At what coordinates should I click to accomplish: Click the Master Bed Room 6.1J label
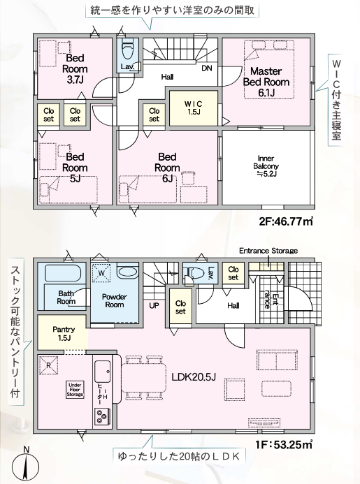pyautogui.click(x=266, y=82)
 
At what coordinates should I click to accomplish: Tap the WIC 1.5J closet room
pyautogui.click(x=194, y=108)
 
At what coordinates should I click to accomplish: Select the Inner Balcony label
pyautogui.click(x=266, y=166)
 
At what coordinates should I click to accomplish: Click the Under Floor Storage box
pyautogui.click(x=75, y=390)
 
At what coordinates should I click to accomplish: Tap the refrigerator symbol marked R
pyautogui.click(x=48, y=365)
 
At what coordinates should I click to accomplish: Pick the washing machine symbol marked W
pyautogui.click(x=101, y=273)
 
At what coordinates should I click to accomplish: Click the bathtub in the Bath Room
pyautogui.click(x=63, y=273)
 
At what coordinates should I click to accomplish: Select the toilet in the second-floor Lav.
pyautogui.click(x=127, y=50)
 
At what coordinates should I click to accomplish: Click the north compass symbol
pyautogui.click(x=26, y=464)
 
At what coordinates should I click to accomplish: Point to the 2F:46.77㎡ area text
pyautogui.click(x=286, y=221)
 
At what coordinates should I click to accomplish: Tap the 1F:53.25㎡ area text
pyautogui.click(x=284, y=445)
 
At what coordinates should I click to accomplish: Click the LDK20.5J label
pyautogui.click(x=194, y=377)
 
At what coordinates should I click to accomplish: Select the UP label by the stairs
pyautogui.click(x=154, y=306)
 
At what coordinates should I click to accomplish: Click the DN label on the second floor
pyautogui.click(x=207, y=68)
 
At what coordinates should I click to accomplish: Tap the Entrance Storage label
pyautogui.click(x=268, y=251)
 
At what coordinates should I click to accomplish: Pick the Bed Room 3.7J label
pyautogui.click(x=75, y=69)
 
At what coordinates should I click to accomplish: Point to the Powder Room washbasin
pyautogui.click(x=128, y=272)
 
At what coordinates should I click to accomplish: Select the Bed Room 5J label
pyautogui.click(x=75, y=168)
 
